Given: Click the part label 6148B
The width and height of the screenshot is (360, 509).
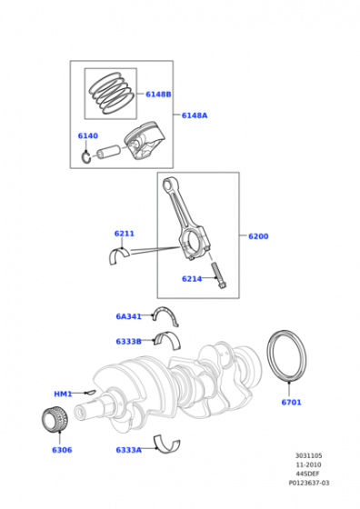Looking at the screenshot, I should [x=158, y=95].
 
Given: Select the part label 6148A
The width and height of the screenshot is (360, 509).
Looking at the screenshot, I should [x=195, y=115].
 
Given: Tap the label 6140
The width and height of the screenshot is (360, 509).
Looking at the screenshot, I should [x=87, y=136].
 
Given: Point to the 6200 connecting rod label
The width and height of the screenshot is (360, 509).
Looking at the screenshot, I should [x=258, y=236].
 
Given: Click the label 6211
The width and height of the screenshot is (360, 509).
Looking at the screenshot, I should [x=125, y=234].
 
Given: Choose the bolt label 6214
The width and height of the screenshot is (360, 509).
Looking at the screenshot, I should [x=191, y=279].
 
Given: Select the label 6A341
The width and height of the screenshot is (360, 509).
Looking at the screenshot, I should [x=128, y=316].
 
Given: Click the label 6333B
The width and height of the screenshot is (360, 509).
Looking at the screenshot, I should [x=128, y=342].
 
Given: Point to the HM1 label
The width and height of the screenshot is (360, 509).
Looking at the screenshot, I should [x=63, y=394].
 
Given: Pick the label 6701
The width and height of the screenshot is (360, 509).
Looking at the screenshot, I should [x=291, y=402].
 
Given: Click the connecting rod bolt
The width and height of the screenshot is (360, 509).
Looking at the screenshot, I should [x=219, y=277].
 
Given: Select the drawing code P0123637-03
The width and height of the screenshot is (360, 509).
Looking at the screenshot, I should [x=311, y=484].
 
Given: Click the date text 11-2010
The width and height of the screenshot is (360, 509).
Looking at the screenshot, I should [x=307, y=465].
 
